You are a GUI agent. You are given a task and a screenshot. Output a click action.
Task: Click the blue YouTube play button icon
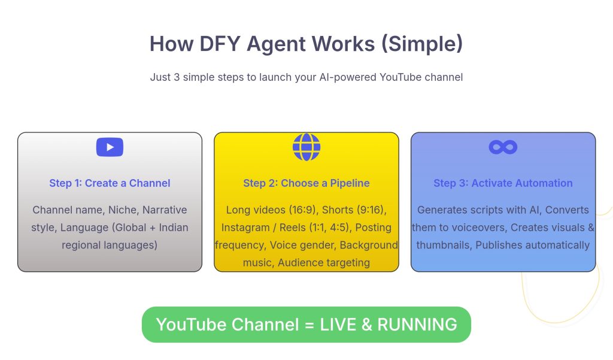pos(110,147)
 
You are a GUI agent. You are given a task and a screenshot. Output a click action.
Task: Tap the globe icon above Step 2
pos(306,147)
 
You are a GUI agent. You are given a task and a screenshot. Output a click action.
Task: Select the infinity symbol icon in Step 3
pos(503,147)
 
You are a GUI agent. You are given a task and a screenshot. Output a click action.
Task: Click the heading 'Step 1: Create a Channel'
pos(110,183)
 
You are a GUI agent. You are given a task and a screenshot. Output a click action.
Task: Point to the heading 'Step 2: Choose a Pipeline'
pos(306,183)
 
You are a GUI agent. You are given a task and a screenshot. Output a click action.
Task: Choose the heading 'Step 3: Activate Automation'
pos(503,183)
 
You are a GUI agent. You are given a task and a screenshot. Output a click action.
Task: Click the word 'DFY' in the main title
pos(220,44)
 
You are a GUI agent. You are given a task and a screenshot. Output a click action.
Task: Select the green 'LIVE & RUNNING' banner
pos(306,325)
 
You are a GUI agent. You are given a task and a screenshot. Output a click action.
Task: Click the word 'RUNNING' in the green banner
pos(417,325)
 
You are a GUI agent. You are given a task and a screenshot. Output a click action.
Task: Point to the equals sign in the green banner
pos(309,325)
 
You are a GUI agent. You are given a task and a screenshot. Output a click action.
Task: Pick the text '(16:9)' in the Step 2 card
pos(302,210)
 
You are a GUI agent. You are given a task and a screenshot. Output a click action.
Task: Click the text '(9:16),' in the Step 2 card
pos(371,210)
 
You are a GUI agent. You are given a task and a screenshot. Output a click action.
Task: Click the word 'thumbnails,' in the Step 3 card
pos(445,246)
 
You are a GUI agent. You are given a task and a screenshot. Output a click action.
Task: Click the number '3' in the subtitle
pos(177,77)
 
